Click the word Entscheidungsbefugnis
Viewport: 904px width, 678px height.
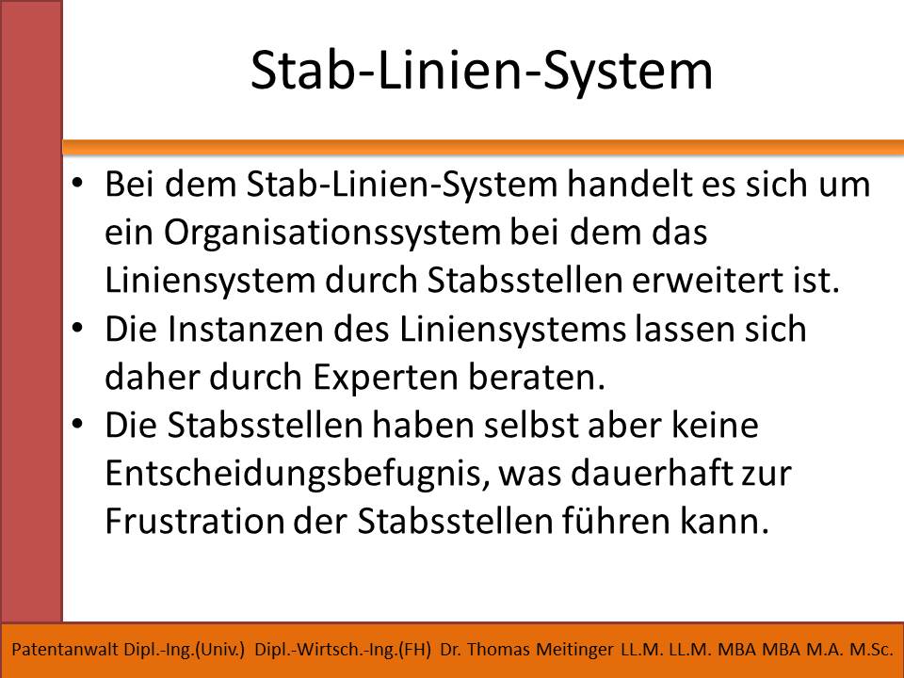click(x=297, y=475)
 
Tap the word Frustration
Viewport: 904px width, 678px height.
click(x=194, y=522)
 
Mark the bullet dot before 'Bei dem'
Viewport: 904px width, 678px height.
click(x=76, y=185)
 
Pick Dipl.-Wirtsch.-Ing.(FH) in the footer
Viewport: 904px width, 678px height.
click(x=343, y=650)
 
